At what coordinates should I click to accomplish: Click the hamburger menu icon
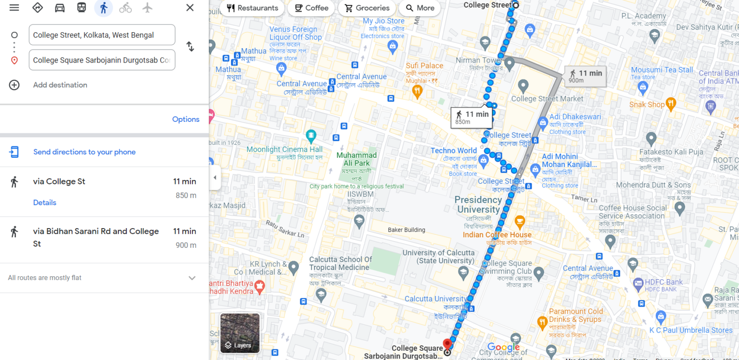[x=14, y=8]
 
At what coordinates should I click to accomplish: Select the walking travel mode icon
[x=103, y=8]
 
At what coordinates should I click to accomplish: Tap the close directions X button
[x=190, y=8]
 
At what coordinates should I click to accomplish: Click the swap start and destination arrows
[x=191, y=47]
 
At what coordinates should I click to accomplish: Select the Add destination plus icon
[x=14, y=85]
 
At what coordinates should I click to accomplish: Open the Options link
[x=186, y=119]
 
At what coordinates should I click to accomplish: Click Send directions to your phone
[x=84, y=152]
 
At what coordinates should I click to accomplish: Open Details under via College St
[x=45, y=203]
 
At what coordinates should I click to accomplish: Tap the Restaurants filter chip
[x=253, y=8]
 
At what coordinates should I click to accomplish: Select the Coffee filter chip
[x=311, y=8]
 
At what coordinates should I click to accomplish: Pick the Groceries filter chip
[x=367, y=8]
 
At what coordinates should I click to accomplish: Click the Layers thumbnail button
[x=240, y=333]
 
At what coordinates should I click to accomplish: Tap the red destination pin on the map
[x=447, y=344]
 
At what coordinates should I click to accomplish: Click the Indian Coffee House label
[x=497, y=235]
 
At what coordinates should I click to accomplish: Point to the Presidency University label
[x=478, y=205]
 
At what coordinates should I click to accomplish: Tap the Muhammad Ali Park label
[x=357, y=159]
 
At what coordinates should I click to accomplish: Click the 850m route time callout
[x=471, y=117]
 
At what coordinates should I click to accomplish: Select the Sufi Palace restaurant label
[x=424, y=65]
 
